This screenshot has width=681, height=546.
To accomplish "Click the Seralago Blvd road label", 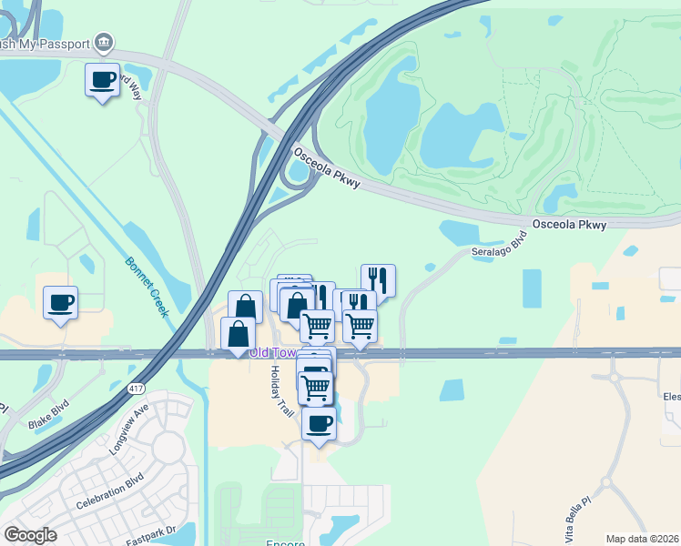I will tap(498, 248).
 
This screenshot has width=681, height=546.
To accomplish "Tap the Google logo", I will tap(30, 535).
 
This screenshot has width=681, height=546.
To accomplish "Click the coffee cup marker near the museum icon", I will tap(102, 79).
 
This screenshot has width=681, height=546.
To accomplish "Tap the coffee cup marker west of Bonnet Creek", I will tap(60, 303).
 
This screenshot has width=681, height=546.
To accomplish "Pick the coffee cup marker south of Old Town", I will tap(319, 424).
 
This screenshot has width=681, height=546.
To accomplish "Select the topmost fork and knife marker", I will tap(378, 280).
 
